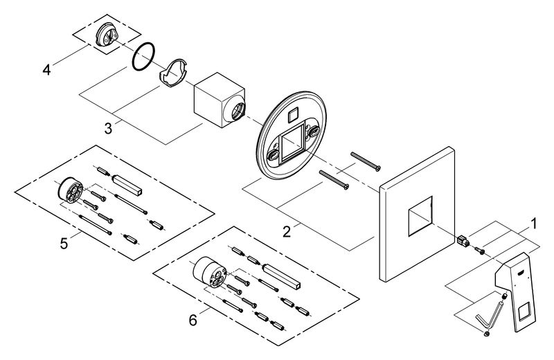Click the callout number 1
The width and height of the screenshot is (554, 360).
click(533, 224)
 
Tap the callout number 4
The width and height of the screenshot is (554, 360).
click(47, 69)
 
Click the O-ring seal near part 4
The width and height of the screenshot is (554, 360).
click(143, 57)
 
